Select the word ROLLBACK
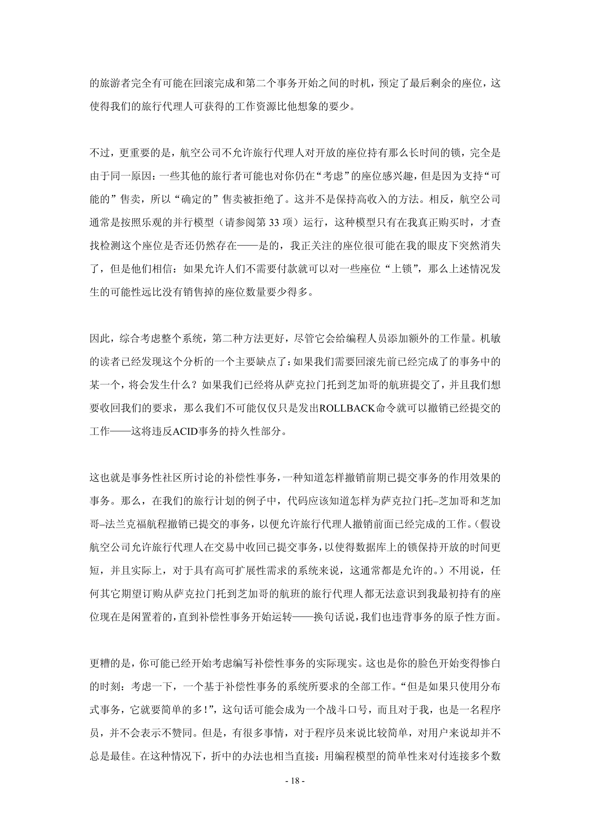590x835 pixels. pos(347,409)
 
